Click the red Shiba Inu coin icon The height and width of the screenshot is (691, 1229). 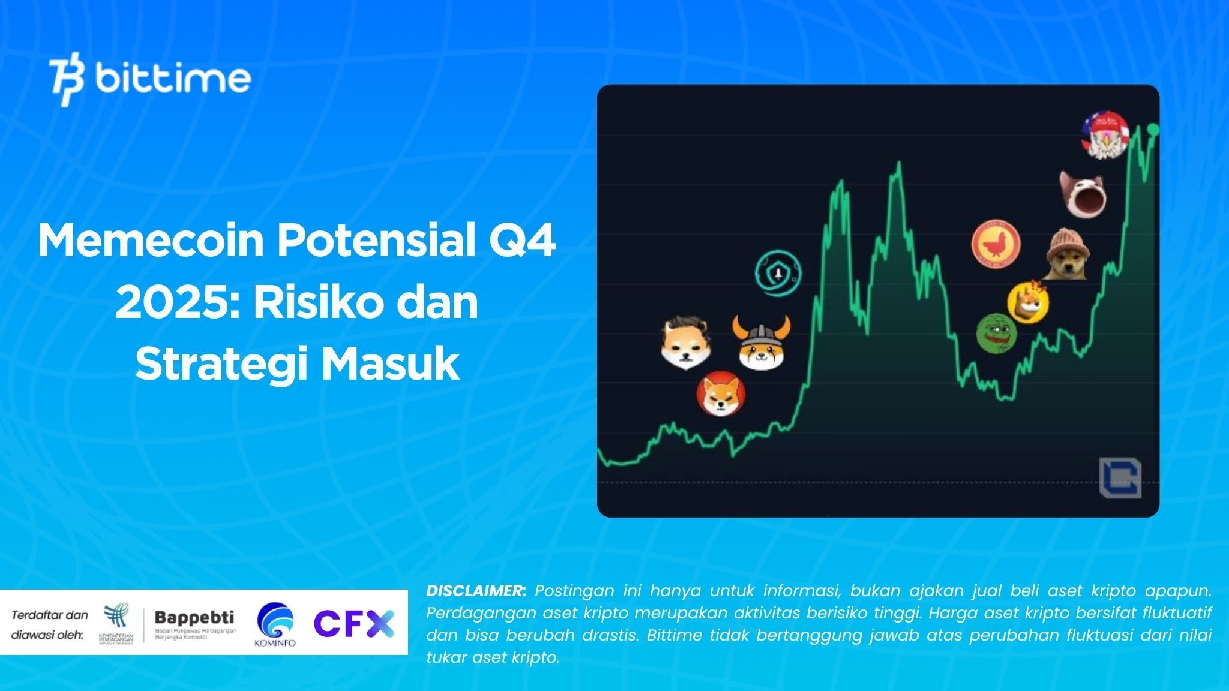pos(721,393)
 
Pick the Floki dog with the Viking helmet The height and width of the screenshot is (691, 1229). pos(761,344)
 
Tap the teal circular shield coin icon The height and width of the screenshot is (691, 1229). pos(778,273)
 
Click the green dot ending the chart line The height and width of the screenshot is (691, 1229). pos(1153,129)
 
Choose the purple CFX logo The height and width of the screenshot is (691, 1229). pos(354,624)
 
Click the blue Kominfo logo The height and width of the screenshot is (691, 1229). pos(275,624)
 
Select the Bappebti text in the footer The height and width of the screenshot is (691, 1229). pos(194,618)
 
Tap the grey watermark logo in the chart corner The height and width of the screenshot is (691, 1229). pos(1120,477)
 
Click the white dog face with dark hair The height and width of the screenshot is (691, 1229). pos(688,343)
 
